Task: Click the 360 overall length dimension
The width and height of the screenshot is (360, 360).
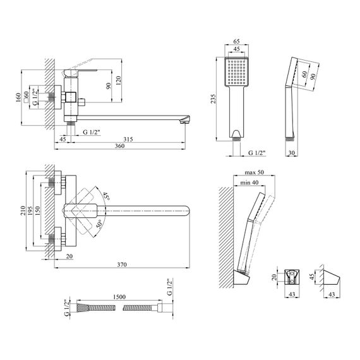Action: point(120,146)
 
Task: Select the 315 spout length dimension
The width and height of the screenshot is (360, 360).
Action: point(128,139)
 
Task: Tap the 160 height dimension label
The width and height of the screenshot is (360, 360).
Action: point(18,98)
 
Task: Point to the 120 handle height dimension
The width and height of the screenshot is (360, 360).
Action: point(118,81)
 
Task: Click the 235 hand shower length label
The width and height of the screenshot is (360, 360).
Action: point(213,99)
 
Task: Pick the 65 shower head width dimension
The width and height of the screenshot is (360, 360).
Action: point(236,41)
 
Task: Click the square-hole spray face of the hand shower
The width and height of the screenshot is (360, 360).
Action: point(236,72)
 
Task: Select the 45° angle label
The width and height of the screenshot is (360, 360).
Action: point(105,196)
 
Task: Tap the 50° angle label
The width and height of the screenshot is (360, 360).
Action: point(99,224)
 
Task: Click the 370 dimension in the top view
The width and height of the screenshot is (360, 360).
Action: point(122,265)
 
